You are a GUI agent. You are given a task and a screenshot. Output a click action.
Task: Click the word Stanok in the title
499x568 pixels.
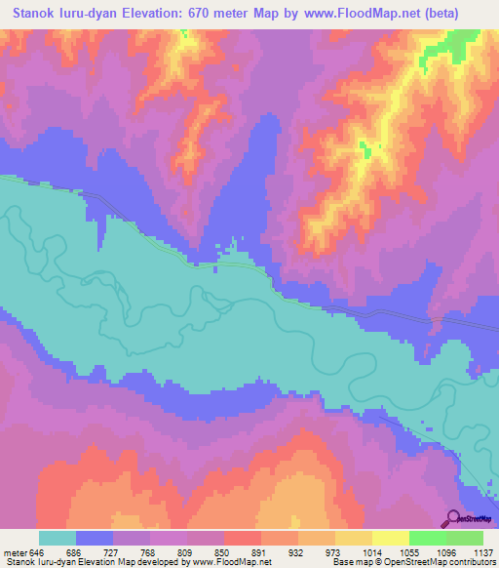pos(37,12)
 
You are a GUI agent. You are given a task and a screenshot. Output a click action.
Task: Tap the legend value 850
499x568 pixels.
pos(248,552)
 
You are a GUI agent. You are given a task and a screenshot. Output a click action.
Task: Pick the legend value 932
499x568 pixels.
pos(327,552)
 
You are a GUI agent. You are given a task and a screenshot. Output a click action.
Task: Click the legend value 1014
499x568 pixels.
pos(408,552)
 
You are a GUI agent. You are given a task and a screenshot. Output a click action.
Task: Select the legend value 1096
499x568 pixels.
pos(448,552)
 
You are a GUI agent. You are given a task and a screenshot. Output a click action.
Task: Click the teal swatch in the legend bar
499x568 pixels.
pos(58,538)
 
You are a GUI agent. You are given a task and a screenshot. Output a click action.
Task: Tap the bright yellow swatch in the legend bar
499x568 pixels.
pos(390,538)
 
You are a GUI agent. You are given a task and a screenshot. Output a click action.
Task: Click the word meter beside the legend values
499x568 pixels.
pos(16,552)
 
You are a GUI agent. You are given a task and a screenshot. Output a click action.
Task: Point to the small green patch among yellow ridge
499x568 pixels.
pos(367,148)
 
